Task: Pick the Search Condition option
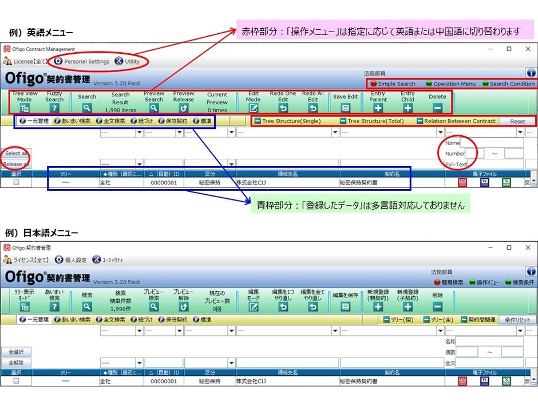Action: click(507, 84)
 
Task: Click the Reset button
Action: click(517, 121)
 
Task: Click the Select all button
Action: click(15, 154)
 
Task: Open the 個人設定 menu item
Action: click(74, 260)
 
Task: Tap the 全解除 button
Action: click(15, 363)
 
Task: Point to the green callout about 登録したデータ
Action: click(360, 205)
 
